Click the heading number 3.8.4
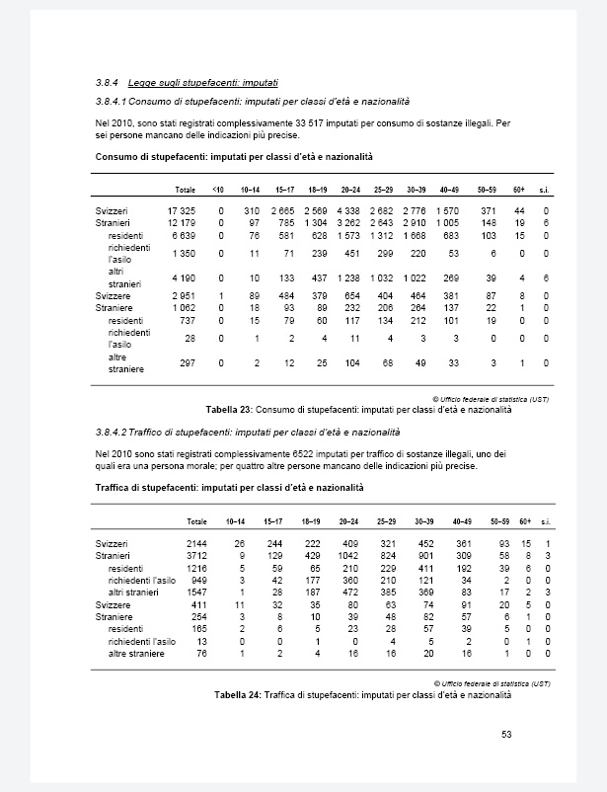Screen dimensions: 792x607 (x=106, y=84)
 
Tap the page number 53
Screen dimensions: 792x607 (x=506, y=734)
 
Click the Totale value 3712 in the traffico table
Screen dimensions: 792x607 (x=196, y=557)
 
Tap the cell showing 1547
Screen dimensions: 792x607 (x=196, y=591)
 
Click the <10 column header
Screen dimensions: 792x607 (x=219, y=189)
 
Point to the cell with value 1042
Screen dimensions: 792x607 (x=347, y=557)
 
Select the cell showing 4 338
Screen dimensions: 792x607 (x=348, y=211)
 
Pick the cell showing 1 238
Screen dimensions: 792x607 (x=348, y=277)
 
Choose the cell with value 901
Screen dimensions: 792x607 (x=425, y=557)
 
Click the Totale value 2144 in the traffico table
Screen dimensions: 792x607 (x=196, y=544)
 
